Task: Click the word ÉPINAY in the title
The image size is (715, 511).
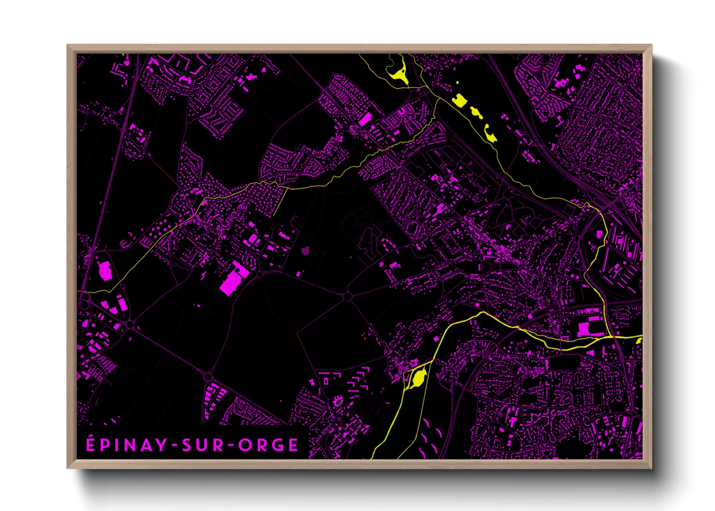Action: point(127,445)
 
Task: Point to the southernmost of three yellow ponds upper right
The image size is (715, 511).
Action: point(490,135)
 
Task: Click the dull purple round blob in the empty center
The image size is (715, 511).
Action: point(305,250)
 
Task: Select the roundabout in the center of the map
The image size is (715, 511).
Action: point(347,296)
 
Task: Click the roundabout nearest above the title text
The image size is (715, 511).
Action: point(208,376)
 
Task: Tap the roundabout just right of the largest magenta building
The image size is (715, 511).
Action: point(259,274)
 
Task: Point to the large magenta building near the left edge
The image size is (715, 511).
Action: point(105,270)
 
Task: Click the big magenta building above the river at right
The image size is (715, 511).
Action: point(586,329)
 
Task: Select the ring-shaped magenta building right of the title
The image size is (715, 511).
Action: point(337,400)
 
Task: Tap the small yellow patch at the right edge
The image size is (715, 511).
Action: point(639,341)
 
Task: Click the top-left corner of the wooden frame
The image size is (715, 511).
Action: point(68,46)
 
